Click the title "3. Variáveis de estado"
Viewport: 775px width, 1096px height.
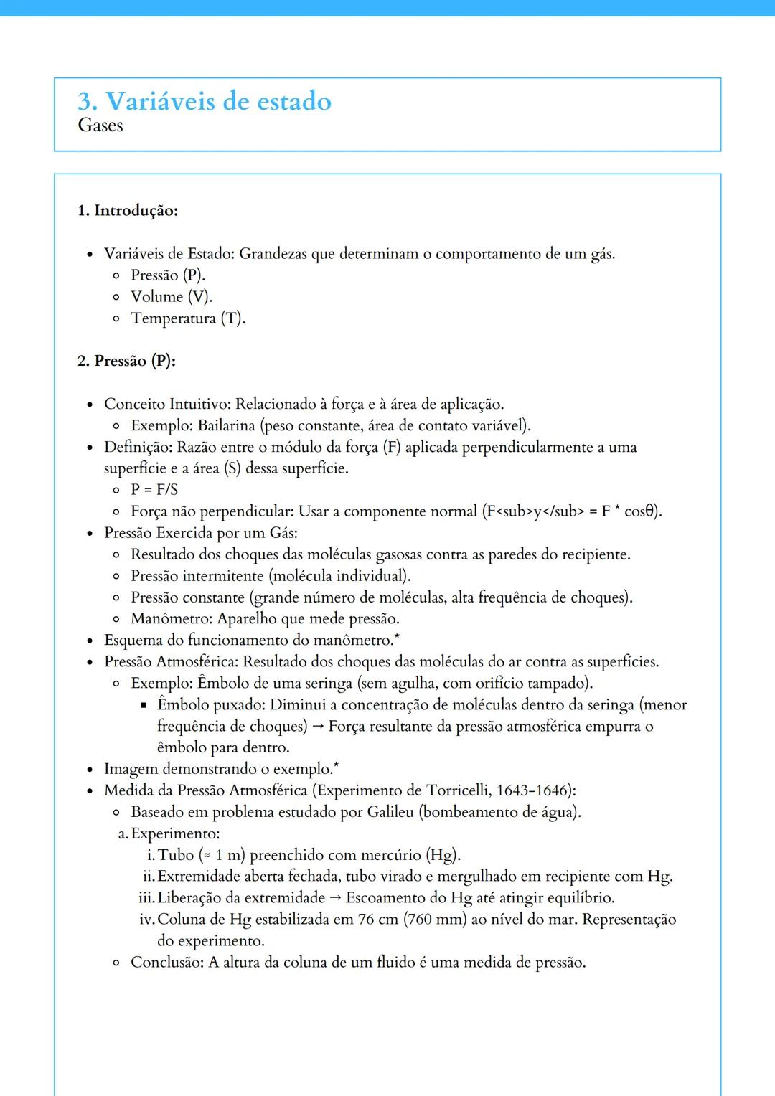tap(205, 101)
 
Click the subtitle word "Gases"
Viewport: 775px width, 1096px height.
tap(100, 126)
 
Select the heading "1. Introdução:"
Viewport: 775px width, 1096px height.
tap(128, 211)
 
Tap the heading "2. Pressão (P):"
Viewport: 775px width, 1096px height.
tap(126, 361)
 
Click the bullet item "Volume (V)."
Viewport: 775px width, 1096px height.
tap(172, 297)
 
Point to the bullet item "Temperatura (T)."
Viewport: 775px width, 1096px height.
tap(188, 318)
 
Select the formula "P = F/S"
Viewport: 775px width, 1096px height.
tap(154, 490)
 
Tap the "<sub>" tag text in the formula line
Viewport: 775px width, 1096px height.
tap(517, 511)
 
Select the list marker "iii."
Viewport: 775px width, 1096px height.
tap(146, 898)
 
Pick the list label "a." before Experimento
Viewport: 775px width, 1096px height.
tap(123, 833)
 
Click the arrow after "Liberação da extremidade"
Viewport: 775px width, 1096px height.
tap(336, 898)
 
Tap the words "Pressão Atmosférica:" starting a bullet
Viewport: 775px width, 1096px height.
tap(172, 662)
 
